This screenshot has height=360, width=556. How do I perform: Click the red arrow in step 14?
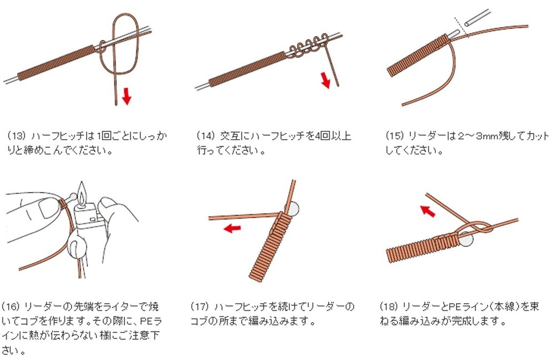coord(325,80)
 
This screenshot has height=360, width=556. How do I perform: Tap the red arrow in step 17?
coord(232,228)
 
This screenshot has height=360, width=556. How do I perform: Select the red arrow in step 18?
coord(428,211)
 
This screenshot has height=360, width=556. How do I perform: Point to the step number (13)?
coord(17,136)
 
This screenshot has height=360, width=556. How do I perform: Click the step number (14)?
coord(206,136)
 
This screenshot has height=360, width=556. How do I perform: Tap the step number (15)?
coord(395,136)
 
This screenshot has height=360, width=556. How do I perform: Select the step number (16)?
coord(11,307)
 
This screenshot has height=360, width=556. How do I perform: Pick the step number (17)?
coord(200,307)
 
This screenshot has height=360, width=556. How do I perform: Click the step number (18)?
coord(389,307)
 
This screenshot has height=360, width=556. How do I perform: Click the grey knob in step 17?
coord(293,209)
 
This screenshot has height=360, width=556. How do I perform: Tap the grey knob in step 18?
coord(466,239)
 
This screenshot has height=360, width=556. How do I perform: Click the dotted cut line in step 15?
coord(461,27)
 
